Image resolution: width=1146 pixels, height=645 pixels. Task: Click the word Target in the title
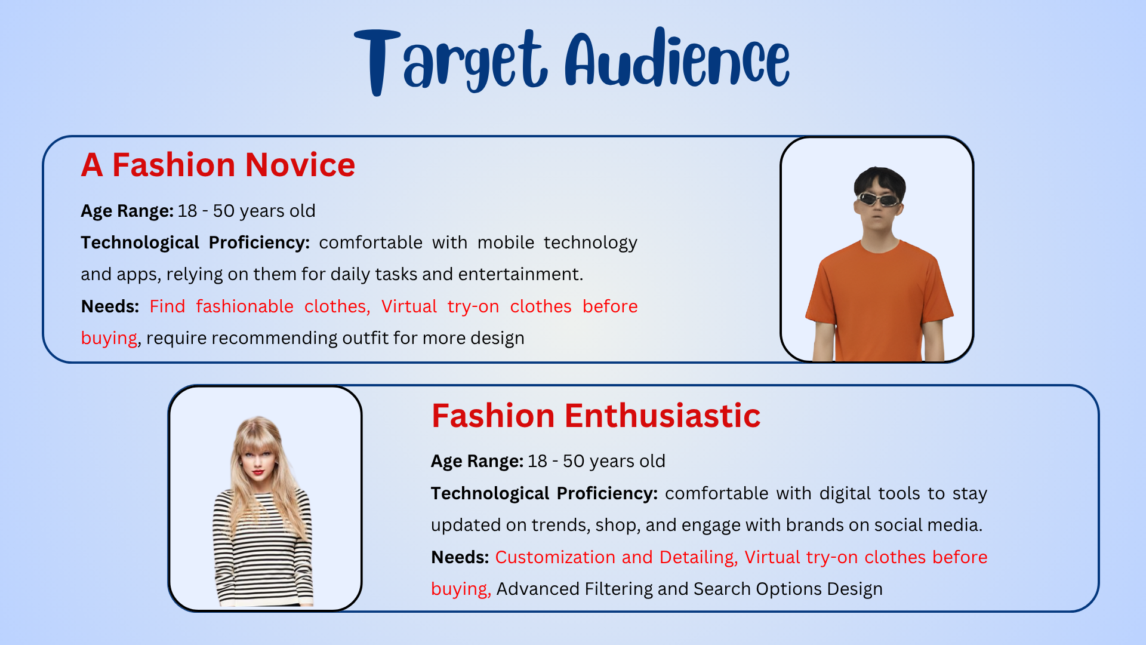(451, 62)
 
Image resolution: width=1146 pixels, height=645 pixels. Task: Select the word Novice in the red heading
(300, 165)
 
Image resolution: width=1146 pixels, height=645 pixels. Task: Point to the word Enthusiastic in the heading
(663, 416)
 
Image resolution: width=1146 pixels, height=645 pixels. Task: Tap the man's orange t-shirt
(879, 299)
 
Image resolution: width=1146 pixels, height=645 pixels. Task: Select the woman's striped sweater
(263, 546)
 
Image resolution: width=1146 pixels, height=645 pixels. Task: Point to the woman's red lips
(258, 473)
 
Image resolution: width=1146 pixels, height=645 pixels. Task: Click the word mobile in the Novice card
(506, 242)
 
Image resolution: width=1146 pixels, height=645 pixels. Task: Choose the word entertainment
(520, 274)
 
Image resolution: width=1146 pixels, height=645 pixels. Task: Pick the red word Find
(167, 306)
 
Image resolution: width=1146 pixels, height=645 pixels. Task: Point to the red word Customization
(555, 557)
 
